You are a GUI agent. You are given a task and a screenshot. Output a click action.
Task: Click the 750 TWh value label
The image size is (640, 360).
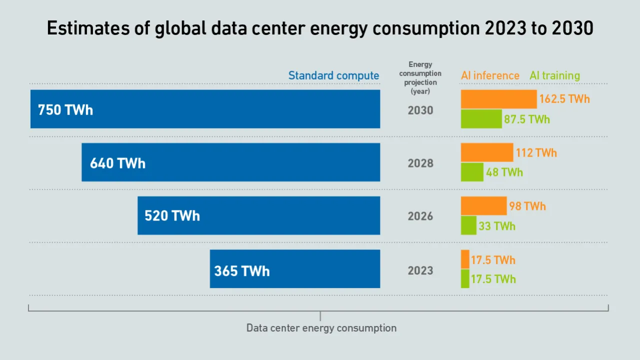(65, 110)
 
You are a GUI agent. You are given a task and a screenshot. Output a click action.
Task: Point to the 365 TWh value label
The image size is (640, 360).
(242, 271)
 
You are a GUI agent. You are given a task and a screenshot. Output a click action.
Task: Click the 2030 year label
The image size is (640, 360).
(420, 110)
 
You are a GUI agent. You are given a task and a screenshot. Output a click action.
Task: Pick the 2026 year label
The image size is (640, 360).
(420, 216)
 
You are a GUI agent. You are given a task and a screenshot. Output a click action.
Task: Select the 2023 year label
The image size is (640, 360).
(420, 270)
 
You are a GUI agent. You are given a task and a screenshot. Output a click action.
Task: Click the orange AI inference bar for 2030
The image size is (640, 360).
(498, 99)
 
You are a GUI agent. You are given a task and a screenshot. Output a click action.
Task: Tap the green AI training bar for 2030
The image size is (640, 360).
(481, 119)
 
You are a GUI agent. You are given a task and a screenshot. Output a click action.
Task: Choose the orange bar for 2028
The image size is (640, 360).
(487, 152)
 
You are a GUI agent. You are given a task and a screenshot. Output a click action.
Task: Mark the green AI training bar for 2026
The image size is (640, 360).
(468, 225)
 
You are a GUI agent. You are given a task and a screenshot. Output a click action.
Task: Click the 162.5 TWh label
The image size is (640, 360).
(564, 99)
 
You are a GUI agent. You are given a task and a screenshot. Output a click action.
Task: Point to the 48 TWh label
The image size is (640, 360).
(504, 172)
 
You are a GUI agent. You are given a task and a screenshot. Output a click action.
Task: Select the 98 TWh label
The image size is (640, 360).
(527, 206)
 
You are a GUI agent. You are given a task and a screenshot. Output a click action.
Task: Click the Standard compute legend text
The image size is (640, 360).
(333, 76)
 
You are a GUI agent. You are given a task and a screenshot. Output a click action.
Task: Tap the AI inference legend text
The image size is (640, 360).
(490, 76)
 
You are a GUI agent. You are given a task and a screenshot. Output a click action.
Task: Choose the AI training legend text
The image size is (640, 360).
(554, 76)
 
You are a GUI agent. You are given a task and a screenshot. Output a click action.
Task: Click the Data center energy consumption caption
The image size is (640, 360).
(321, 328)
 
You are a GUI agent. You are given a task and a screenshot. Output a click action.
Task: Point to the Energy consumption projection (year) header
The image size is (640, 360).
(420, 78)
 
